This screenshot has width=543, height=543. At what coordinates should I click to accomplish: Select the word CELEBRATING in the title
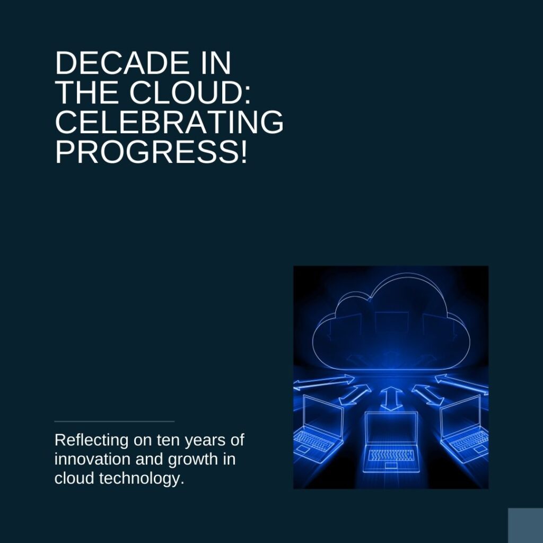(x=169, y=122)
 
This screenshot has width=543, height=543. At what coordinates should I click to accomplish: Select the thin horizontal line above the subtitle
(x=114, y=422)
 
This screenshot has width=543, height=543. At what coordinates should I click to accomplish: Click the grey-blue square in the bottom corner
(x=526, y=526)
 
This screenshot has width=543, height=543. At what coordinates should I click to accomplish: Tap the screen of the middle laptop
(x=391, y=430)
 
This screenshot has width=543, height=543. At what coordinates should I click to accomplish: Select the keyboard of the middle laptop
(x=391, y=455)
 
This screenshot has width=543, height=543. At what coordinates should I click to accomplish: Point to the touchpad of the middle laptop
(x=391, y=466)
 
